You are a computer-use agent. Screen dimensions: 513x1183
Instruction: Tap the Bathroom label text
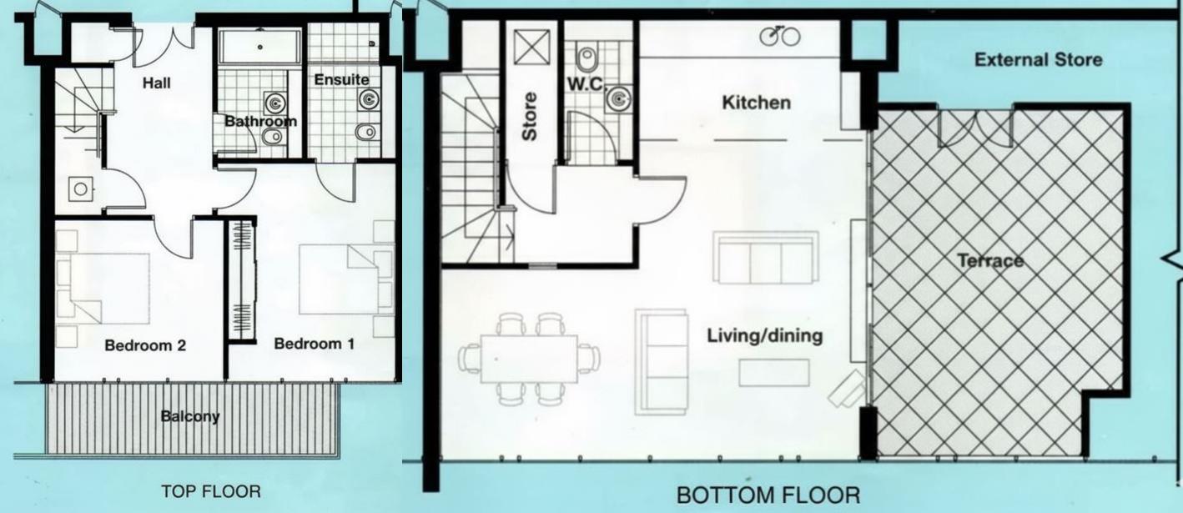coord(259,121)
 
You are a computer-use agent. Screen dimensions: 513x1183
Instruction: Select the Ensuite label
coord(341,80)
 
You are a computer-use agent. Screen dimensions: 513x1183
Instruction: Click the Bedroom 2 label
coord(145,345)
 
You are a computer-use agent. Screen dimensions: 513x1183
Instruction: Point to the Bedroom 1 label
coord(314,343)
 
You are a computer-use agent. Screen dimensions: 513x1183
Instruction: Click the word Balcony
coord(190,415)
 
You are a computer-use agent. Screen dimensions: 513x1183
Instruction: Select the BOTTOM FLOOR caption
coord(767,495)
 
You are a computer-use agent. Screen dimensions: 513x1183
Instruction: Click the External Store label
coord(1038,59)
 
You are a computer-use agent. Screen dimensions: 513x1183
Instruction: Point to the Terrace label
coord(989,261)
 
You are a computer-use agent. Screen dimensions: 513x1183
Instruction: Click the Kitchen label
coord(755,103)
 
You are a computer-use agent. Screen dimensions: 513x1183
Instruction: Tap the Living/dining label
coord(764,336)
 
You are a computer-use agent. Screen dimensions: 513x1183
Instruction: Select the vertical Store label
coord(529,117)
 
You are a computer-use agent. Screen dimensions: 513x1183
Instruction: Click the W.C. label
coord(588,83)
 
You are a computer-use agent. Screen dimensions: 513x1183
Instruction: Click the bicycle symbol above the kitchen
coord(781,35)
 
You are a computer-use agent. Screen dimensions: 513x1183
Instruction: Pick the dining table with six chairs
coord(529,358)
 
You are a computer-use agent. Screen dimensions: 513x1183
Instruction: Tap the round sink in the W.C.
coord(618,100)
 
